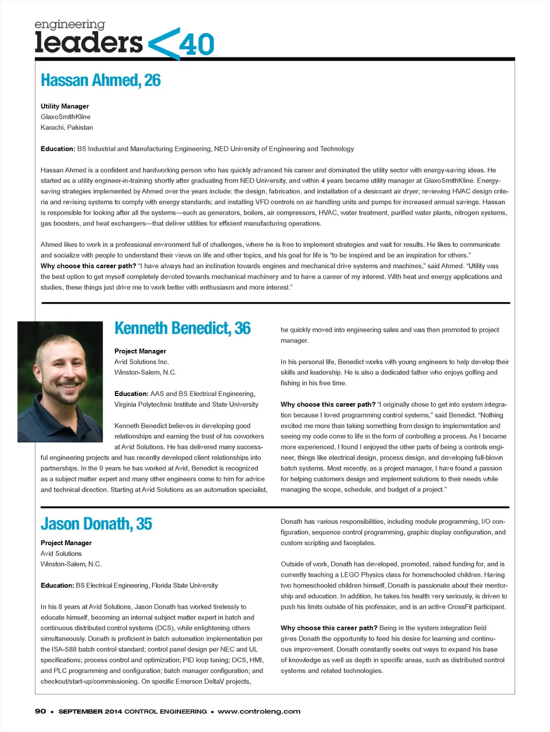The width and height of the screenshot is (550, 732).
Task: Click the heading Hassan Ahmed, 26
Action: point(100,80)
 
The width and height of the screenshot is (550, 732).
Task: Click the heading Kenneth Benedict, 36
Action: point(182,328)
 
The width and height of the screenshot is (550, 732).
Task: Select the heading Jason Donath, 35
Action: point(96,524)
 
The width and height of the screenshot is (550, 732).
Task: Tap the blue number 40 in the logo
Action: point(197,45)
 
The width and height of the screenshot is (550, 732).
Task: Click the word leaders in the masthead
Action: point(89,42)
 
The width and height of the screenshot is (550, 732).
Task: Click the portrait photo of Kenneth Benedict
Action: point(60,382)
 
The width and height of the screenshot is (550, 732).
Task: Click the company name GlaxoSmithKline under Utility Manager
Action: point(66,116)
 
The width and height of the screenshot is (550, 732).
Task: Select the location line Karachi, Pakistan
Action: point(67,127)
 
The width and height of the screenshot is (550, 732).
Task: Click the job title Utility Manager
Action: point(64,106)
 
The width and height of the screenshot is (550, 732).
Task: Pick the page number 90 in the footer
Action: point(40,711)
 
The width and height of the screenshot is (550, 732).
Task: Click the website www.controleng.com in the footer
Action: point(259,711)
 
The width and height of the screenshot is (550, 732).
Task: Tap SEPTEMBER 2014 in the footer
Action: point(90,711)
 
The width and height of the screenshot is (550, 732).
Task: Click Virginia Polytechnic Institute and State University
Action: point(186,404)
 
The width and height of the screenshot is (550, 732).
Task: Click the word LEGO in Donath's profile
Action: point(350,575)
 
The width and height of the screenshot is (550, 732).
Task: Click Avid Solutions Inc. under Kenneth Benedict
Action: point(141,362)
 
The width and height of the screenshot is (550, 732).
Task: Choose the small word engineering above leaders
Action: point(70,25)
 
